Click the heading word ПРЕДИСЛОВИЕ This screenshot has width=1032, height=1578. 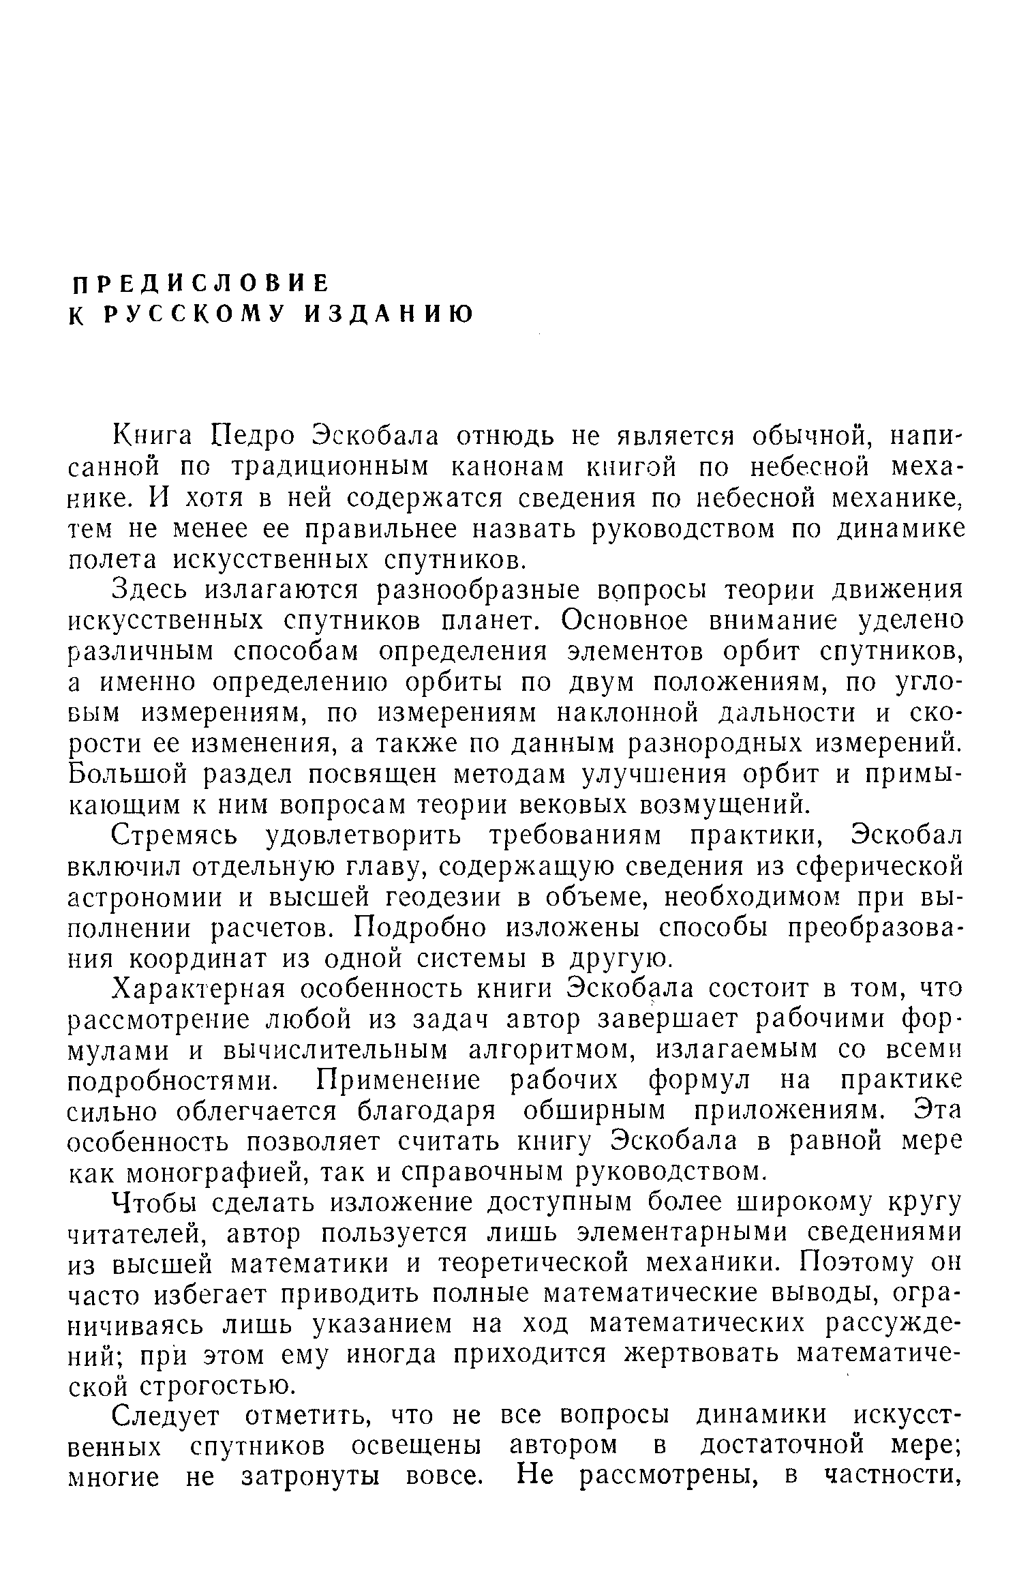[201, 282]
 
